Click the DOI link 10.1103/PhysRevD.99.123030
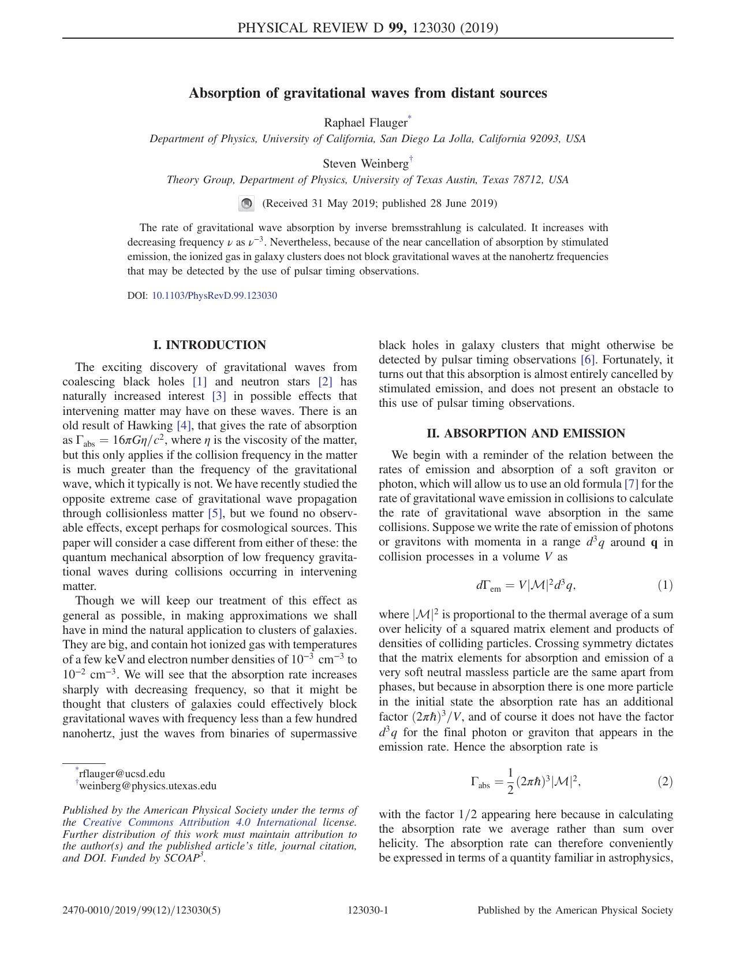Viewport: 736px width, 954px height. (x=214, y=295)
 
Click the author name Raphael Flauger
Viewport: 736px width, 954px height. (x=365, y=123)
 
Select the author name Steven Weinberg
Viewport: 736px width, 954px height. (x=365, y=164)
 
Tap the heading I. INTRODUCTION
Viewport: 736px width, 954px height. (x=210, y=345)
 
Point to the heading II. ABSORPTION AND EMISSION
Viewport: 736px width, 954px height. (x=526, y=433)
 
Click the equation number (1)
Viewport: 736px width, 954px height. (x=664, y=585)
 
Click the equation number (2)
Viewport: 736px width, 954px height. (x=664, y=782)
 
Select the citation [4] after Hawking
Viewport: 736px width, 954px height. (x=183, y=425)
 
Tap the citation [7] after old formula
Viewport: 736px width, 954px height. (x=631, y=484)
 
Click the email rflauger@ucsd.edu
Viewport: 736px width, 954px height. (x=122, y=774)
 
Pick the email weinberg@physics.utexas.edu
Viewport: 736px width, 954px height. (x=148, y=786)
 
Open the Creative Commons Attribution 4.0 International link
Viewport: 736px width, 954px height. (x=200, y=822)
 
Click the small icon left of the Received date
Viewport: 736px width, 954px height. (x=246, y=203)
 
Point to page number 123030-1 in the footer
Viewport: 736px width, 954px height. (x=368, y=910)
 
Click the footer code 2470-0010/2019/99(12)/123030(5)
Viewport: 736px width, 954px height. (x=141, y=910)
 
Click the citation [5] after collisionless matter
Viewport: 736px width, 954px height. (x=215, y=513)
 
